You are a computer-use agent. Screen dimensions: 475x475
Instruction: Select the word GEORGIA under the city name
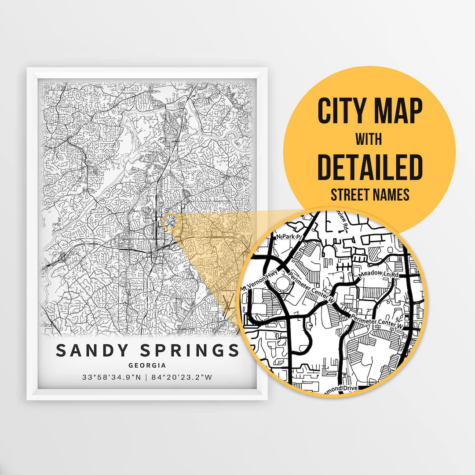[x=147, y=365]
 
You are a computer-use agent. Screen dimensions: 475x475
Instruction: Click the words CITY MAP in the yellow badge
[x=369, y=112]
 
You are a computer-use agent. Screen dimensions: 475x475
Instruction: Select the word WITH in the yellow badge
[x=369, y=139]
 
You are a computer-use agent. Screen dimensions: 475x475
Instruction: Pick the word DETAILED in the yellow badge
[x=369, y=168]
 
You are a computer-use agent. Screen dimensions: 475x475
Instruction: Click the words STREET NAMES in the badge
[x=369, y=194]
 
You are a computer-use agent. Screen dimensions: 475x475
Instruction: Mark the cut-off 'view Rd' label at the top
[x=342, y=222]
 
